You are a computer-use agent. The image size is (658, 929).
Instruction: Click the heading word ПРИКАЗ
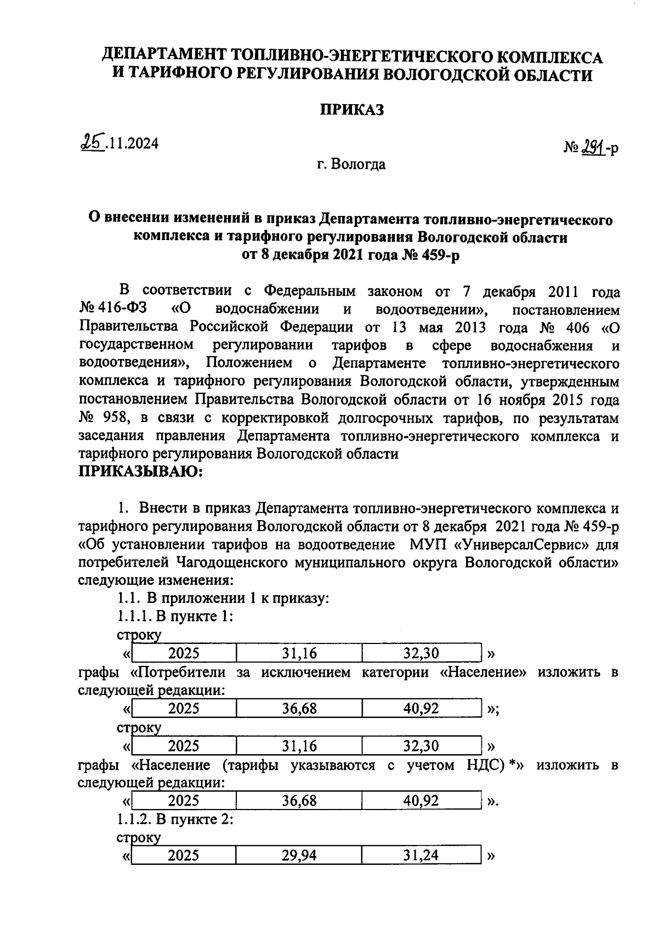tap(351, 110)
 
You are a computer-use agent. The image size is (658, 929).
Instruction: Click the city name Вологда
tap(362, 164)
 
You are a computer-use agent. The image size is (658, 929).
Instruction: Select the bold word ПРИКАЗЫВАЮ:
tap(141, 471)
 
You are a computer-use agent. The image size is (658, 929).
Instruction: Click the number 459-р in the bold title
tap(434, 255)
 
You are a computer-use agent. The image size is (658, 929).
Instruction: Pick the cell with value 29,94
tap(299, 855)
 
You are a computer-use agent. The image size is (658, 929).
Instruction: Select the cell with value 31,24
tap(421, 855)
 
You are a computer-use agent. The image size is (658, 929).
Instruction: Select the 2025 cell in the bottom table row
tap(184, 855)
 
